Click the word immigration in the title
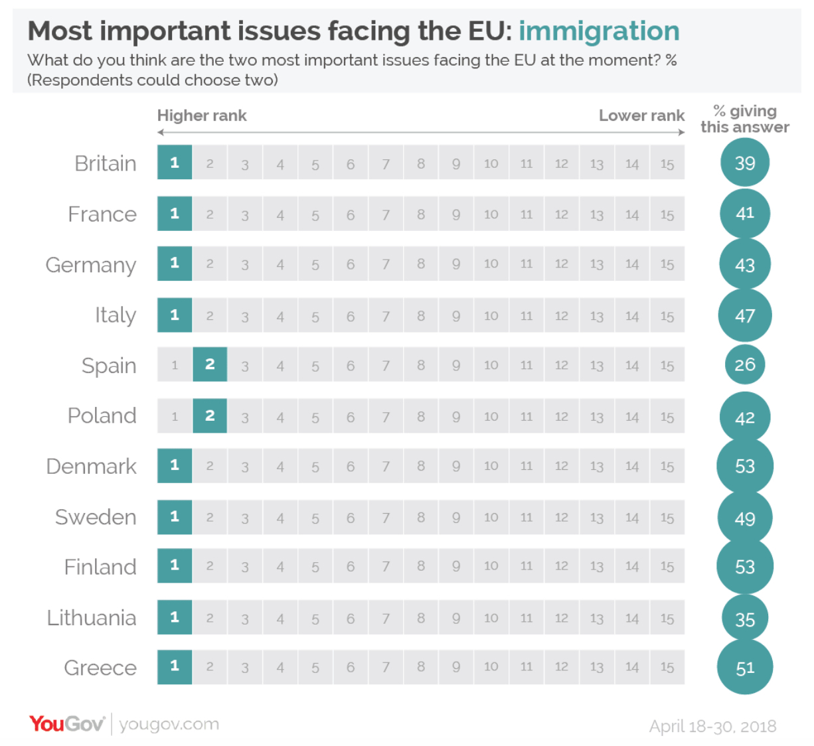pyautogui.click(x=599, y=31)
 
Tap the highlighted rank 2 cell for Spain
pyautogui.click(x=210, y=364)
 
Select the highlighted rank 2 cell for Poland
pyautogui.click(x=210, y=415)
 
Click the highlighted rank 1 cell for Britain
pyautogui.click(x=175, y=163)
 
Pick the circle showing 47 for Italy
pyautogui.click(x=744, y=315)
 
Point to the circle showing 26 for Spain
pyautogui.click(x=744, y=364)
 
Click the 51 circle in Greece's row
pyautogui.click(x=744, y=668)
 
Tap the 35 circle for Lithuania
pyautogui.click(x=744, y=619)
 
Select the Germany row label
pyautogui.click(x=91, y=265)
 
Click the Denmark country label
pyautogui.click(x=92, y=467)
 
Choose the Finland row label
pyautogui.click(x=100, y=567)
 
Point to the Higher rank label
pyautogui.click(x=202, y=115)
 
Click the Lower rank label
pyautogui.click(x=641, y=115)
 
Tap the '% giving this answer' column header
pyautogui.click(x=744, y=119)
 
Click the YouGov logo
pyautogui.click(x=66, y=723)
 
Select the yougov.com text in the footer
pyautogui.click(x=169, y=724)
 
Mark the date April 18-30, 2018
pyautogui.click(x=712, y=726)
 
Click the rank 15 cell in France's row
pyautogui.click(x=667, y=214)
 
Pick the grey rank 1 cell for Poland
pyautogui.click(x=175, y=416)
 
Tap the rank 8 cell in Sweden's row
pyautogui.click(x=421, y=517)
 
